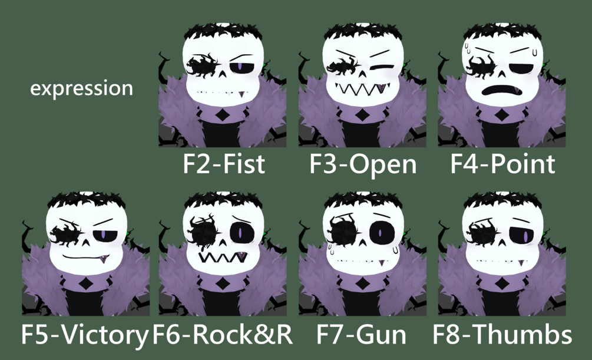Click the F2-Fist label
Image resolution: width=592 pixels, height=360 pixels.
coord(224,164)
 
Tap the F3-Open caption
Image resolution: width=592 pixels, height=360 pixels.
coord(363,164)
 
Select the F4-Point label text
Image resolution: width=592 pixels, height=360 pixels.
coord(502,164)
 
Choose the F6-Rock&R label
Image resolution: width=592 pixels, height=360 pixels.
coord(223,334)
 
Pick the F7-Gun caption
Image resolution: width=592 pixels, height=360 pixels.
coord(361,334)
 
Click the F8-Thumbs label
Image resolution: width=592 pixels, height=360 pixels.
coord(502,334)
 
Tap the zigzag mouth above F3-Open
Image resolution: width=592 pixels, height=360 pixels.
coord(363,90)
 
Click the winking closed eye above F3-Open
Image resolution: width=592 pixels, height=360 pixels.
coord(382,68)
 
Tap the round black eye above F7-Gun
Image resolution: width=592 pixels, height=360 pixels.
coord(381,232)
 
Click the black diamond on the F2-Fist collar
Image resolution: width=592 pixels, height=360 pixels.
coord(223,114)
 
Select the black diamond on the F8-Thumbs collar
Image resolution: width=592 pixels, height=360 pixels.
coord(502,283)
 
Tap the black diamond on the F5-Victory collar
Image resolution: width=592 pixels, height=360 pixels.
coord(87,283)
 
